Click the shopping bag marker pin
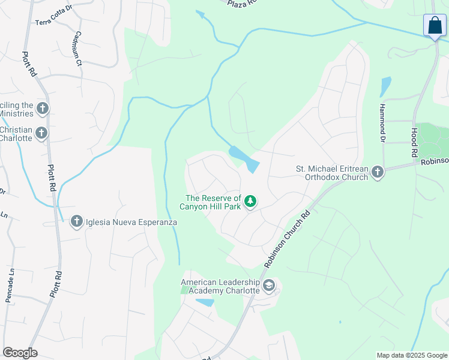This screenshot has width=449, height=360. click(x=435, y=25)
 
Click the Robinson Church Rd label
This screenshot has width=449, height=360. click(x=286, y=239)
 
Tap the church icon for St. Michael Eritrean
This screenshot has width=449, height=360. click(x=377, y=173)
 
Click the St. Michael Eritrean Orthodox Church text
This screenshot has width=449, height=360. click(x=332, y=173)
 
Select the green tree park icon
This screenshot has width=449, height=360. click(x=250, y=202)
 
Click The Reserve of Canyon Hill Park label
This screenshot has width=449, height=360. click(x=213, y=202)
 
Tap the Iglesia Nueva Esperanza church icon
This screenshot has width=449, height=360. click(x=76, y=221)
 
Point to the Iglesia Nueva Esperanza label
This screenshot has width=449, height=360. click(x=131, y=222)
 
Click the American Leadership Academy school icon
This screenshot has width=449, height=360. click(x=269, y=286)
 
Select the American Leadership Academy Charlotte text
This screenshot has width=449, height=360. click(x=220, y=286)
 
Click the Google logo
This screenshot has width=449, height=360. click(x=20, y=353)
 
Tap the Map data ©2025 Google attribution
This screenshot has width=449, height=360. click(x=412, y=355)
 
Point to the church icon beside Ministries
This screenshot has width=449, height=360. click(x=42, y=109)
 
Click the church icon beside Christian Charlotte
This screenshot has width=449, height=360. click(x=41, y=133)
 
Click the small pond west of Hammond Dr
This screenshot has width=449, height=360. click(x=385, y=87)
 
